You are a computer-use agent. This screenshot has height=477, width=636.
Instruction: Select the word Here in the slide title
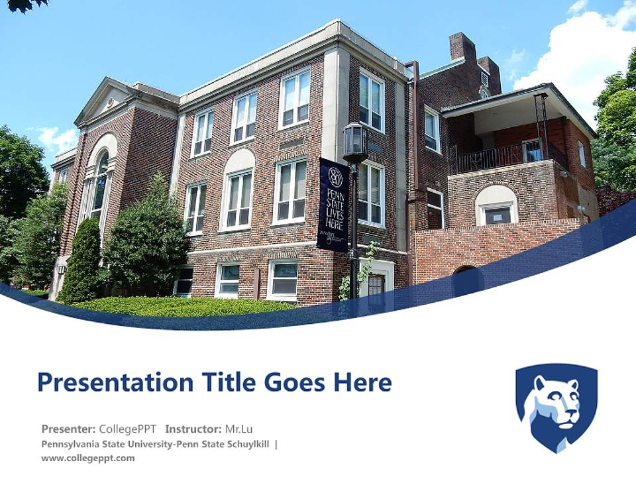coord(362,382)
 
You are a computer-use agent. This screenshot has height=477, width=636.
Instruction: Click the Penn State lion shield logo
coord(557,407)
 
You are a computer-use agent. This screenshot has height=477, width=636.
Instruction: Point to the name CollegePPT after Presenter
coord(127,429)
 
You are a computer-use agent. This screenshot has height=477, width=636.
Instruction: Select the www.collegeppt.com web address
coord(88,458)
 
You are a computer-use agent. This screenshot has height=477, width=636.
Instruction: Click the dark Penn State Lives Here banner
coord(333,205)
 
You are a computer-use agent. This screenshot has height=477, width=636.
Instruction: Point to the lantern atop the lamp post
coord(354,142)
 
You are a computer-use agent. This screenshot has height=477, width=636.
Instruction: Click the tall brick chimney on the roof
coord(463,47)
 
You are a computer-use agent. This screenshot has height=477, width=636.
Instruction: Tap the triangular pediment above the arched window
coord(105,101)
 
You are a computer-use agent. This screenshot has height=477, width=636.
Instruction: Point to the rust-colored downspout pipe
coord(413,162)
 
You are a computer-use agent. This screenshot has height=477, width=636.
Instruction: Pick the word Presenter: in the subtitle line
coord(68,429)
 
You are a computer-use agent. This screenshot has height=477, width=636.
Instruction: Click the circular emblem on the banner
coord(336,177)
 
